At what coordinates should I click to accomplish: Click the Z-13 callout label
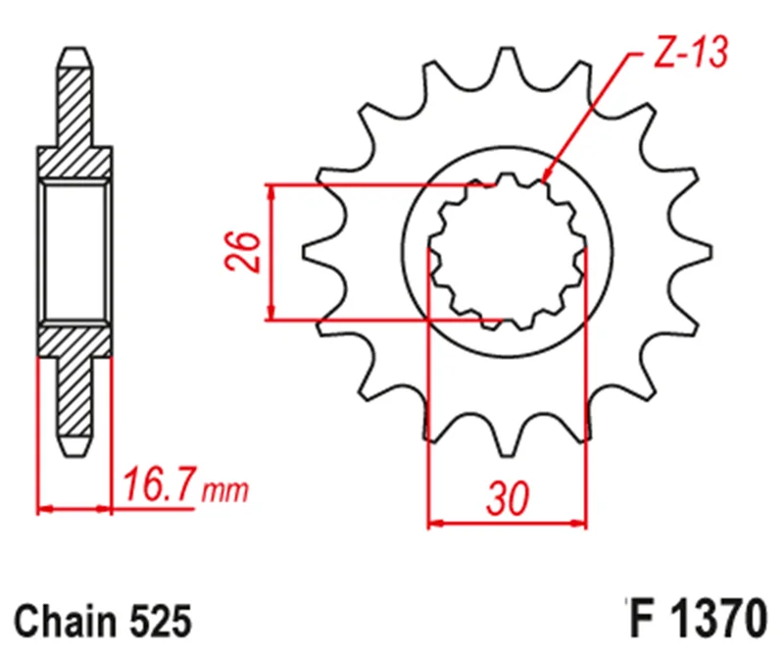click(x=691, y=52)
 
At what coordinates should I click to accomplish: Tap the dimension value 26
click(x=243, y=252)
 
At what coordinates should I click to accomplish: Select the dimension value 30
click(x=507, y=499)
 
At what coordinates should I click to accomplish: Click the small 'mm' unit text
click(x=224, y=491)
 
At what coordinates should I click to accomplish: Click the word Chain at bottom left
click(x=66, y=622)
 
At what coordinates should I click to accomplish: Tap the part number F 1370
click(x=698, y=619)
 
